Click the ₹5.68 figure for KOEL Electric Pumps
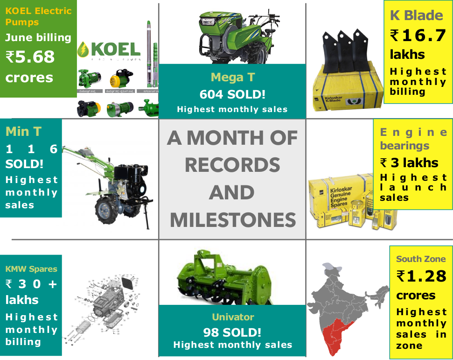point(30,57)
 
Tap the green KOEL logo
point(108,49)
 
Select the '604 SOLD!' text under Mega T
point(232,94)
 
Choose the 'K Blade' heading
point(417,15)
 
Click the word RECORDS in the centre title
point(232,164)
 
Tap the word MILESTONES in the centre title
point(232,219)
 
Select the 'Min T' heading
point(23,132)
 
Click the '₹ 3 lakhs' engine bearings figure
point(409,163)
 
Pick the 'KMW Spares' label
point(31,269)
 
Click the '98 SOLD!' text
point(232,332)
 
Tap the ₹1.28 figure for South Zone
point(422,276)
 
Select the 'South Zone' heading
point(421,259)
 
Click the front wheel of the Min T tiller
point(108,210)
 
